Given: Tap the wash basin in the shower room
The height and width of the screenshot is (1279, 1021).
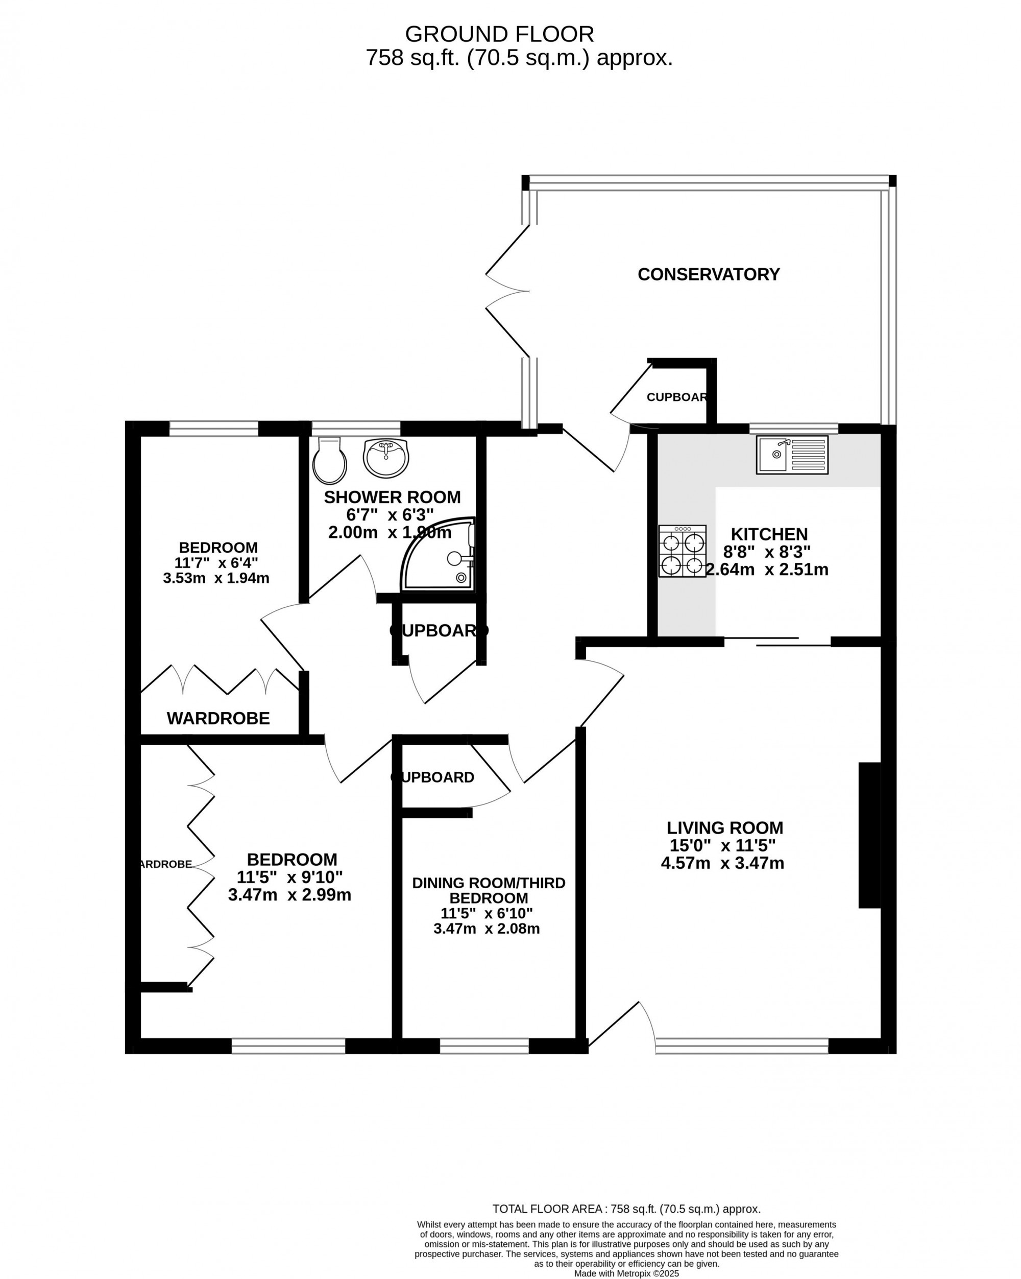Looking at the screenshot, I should tap(385, 457).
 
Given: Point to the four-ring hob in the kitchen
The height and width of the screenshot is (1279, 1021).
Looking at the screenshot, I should tap(682, 551).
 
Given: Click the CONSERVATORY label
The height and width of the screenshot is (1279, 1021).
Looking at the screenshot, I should tap(708, 274).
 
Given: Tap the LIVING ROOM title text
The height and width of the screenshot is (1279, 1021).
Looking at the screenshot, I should tap(724, 827).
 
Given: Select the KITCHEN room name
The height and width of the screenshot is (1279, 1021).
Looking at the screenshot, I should tap(769, 534).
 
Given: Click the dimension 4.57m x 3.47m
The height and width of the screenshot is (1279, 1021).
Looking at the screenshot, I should tap(722, 863).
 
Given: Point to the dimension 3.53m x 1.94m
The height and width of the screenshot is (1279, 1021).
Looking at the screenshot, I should tap(216, 578).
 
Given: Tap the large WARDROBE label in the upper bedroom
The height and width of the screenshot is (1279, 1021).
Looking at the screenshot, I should tap(218, 718).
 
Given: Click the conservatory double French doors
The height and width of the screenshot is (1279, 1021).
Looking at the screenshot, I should tap(507, 291).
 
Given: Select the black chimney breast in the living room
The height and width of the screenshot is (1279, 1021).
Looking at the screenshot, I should tap(869, 835).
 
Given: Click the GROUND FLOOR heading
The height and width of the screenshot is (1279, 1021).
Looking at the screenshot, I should tap(499, 34).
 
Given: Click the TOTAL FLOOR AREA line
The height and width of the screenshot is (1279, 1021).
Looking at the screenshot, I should tap(626, 1209).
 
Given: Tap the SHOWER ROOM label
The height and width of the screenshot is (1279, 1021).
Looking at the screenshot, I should tap(392, 497).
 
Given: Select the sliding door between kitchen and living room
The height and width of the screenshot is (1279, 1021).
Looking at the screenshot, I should tap(776, 641).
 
